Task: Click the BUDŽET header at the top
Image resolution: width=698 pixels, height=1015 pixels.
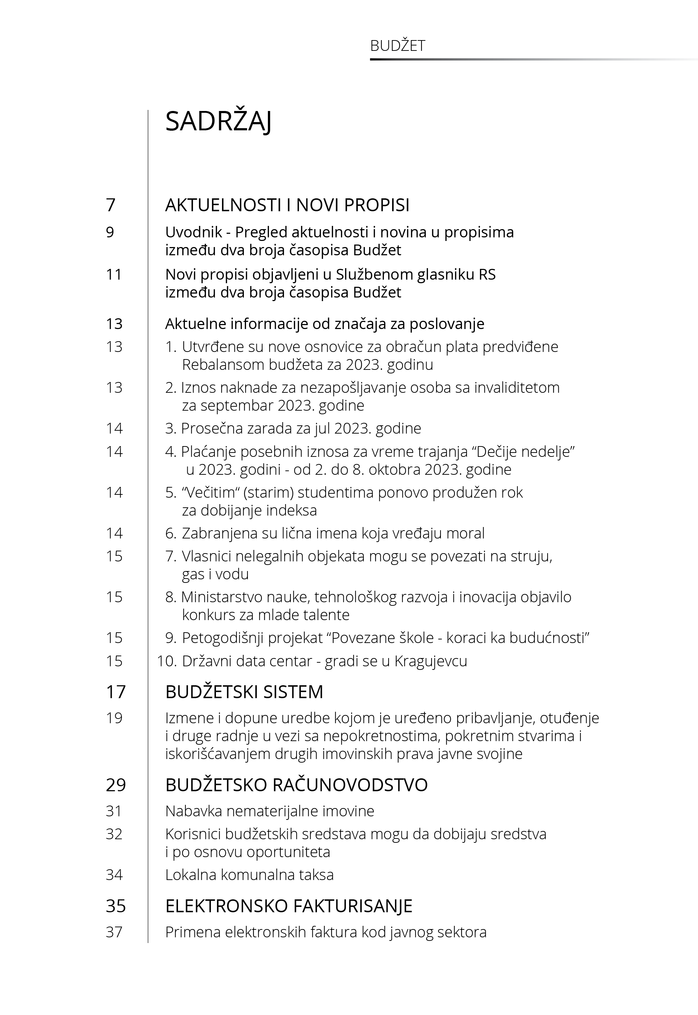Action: pyautogui.click(x=397, y=46)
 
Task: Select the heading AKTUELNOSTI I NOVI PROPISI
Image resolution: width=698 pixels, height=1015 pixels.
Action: pyautogui.click(x=287, y=205)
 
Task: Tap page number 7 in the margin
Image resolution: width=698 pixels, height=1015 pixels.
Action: pyautogui.click(x=111, y=205)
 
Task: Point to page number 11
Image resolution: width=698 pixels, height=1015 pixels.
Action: pyautogui.click(x=114, y=275)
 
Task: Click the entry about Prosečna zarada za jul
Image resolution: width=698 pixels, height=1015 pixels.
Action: pyautogui.click(x=293, y=429)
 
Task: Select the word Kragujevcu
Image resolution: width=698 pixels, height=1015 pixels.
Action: pyautogui.click(x=430, y=661)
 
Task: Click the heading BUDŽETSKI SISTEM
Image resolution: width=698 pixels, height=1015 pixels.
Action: pyautogui.click(x=244, y=692)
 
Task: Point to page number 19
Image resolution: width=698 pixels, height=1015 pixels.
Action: pyautogui.click(x=114, y=718)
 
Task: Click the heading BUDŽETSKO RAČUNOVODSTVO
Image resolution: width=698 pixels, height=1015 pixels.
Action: pyautogui.click(x=296, y=785)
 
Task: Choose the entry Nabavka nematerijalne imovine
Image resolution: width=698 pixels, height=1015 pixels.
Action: pyautogui.click(x=269, y=811)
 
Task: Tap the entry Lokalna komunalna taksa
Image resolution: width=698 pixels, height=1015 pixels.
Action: pyautogui.click(x=249, y=875)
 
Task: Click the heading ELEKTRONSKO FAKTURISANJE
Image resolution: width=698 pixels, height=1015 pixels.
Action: pyautogui.click(x=289, y=906)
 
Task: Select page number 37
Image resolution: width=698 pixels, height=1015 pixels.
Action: pyautogui.click(x=114, y=932)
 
